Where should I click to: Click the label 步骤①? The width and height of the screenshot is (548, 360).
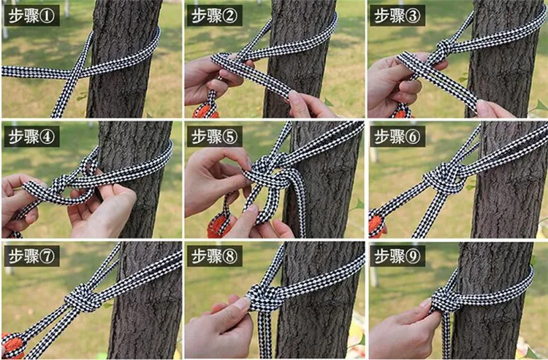tap(31, 16)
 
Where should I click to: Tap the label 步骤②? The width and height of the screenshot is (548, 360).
tap(215, 16)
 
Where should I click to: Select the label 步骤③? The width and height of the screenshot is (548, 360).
tap(397, 16)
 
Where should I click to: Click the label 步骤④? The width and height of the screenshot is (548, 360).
tap(31, 136)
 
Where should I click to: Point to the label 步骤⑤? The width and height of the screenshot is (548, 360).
tap(215, 136)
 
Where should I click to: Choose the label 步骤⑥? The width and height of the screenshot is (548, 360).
tap(397, 136)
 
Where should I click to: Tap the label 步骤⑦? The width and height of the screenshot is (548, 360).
tap(31, 256)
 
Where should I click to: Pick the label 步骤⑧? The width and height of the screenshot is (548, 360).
tap(215, 256)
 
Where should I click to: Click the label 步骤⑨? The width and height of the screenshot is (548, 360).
tap(397, 256)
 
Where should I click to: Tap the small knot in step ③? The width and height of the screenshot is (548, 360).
tap(444, 48)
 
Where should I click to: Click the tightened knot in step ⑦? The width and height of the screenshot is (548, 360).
tap(83, 298)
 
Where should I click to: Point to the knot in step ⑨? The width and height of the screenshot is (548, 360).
tap(446, 300)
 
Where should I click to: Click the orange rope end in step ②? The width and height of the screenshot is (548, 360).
tap(205, 110)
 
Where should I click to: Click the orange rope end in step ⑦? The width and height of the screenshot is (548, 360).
tap(12, 345)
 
